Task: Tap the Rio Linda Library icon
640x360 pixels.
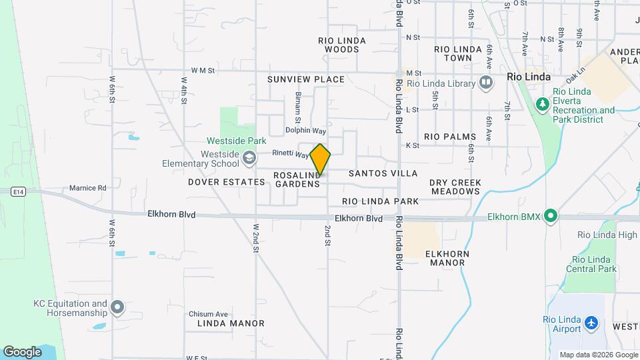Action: pyautogui.click(x=486, y=83)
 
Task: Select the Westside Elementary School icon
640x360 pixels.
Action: pyautogui.click(x=249, y=158)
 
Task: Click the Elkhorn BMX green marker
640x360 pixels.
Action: pyautogui.click(x=550, y=216)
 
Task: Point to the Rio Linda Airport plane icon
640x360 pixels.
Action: pyautogui.click(x=591, y=323)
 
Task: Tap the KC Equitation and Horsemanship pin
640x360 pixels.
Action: pyautogui.click(x=117, y=307)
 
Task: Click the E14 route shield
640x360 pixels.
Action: pyautogui.click(x=18, y=192)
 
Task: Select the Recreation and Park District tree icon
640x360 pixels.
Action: pyautogui.click(x=543, y=104)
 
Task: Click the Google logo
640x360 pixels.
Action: pyautogui.click(x=22, y=351)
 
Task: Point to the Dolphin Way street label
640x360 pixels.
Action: pyautogui.click(x=305, y=131)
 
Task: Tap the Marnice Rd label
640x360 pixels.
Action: pyautogui.click(x=88, y=188)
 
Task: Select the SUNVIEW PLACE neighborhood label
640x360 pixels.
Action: pyautogui.click(x=306, y=79)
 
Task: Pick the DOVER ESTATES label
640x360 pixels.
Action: pyautogui.click(x=226, y=181)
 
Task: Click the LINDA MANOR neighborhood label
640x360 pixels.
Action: pyautogui.click(x=231, y=323)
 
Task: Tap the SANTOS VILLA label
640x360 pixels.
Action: pyautogui.click(x=383, y=173)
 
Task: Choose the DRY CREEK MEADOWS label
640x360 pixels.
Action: pyautogui.click(x=455, y=186)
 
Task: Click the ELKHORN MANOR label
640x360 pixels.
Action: pyautogui.click(x=447, y=258)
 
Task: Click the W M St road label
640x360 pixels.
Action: pyautogui.click(x=203, y=69)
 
